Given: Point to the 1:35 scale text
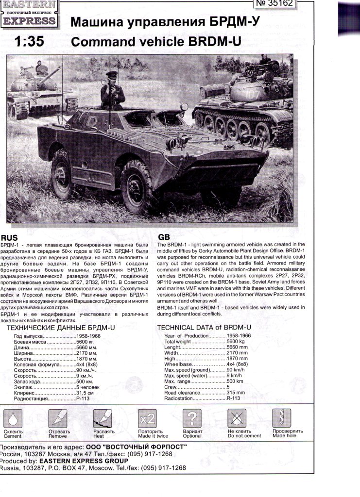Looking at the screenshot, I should (30, 42).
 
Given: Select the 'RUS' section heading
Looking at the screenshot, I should (10, 238).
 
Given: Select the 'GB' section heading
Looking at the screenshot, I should (164, 237).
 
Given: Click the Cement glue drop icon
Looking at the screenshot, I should (13, 418).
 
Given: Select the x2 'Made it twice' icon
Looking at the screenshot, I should (147, 418).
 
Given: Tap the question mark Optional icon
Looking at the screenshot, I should (192, 418).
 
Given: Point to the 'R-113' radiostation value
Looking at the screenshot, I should (233, 398).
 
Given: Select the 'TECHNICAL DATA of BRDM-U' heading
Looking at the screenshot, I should (204, 328).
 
